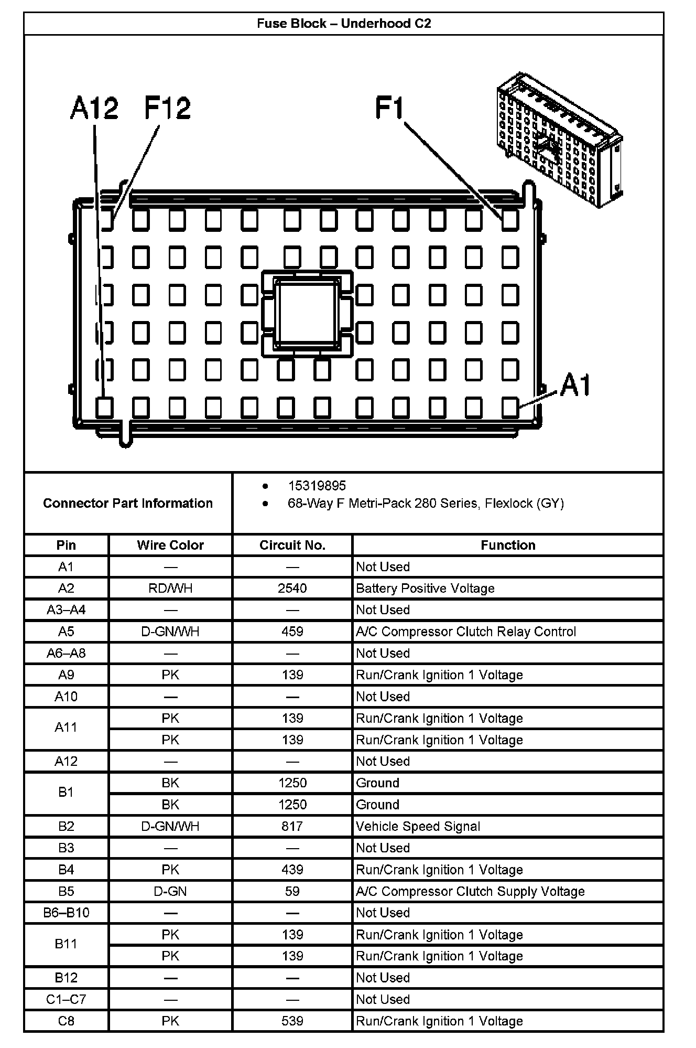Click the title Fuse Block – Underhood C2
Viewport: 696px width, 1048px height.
tap(344, 24)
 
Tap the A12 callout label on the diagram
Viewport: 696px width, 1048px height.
tap(94, 109)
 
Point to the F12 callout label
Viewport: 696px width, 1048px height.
tap(168, 109)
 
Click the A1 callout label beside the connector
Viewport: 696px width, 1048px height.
tap(575, 386)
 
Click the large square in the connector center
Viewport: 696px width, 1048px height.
tap(307, 313)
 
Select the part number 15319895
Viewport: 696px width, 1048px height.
tap(317, 486)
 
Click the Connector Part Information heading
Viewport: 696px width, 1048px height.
tap(128, 504)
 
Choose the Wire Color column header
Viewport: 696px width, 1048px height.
tap(170, 546)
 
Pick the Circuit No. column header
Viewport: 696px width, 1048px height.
tap(292, 546)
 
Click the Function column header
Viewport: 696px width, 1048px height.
tap(508, 546)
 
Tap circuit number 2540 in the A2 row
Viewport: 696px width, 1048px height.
tap(292, 589)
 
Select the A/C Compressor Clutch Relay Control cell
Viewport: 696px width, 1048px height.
tap(466, 632)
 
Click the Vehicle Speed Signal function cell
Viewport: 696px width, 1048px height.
tap(418, 827)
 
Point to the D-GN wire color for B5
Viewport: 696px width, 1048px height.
tap(170, 892)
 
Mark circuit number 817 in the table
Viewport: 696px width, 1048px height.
tap(292, 827)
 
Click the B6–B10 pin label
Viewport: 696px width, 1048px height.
tap(66, 913)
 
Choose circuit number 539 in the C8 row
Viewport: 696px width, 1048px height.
tap(292, 1021)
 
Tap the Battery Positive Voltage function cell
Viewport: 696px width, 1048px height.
tap(425, 589)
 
